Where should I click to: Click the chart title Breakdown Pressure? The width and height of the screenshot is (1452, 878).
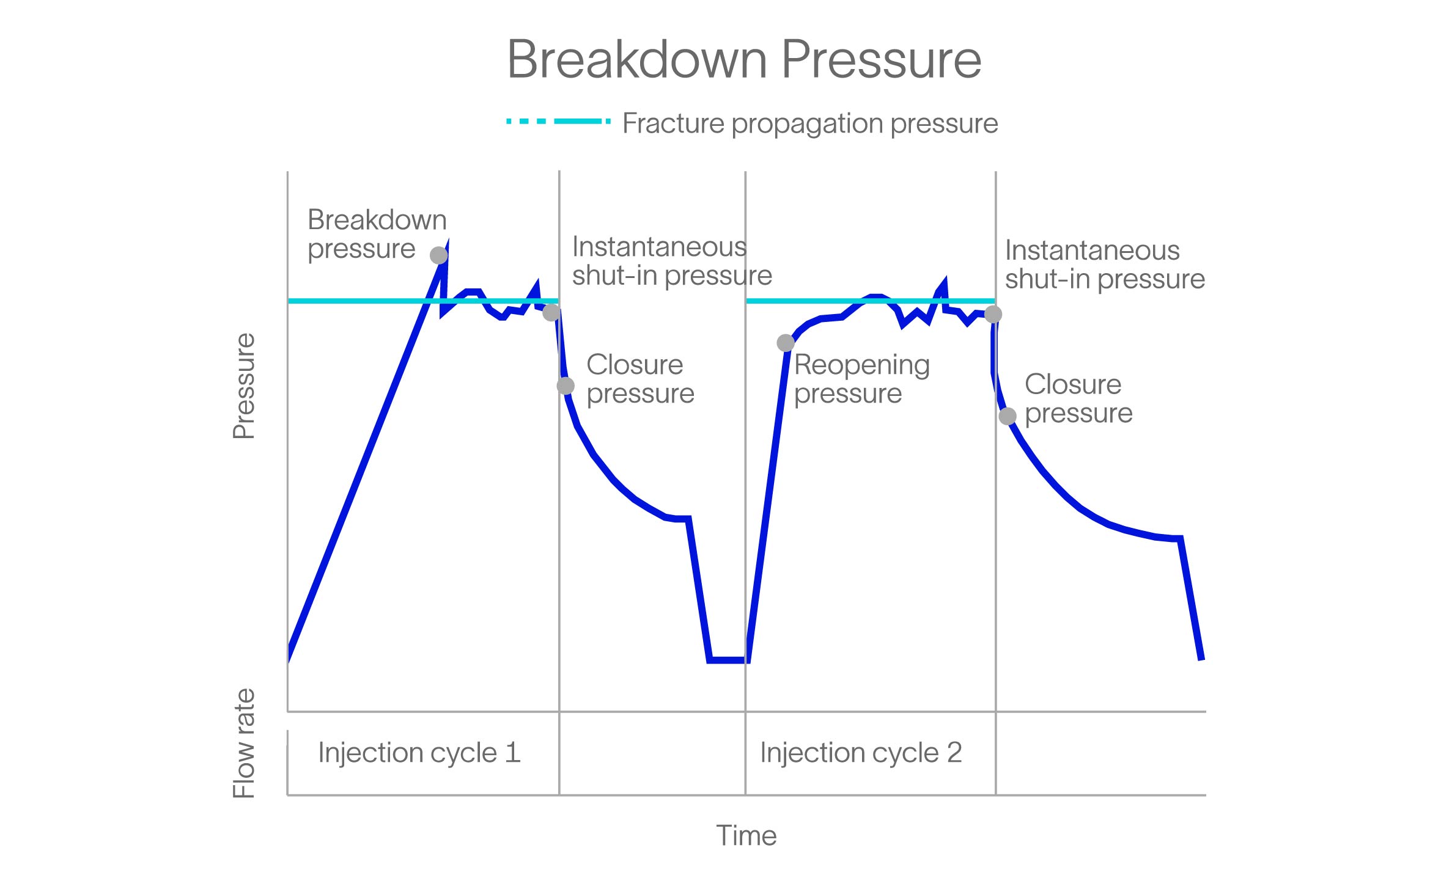tap(743, 59)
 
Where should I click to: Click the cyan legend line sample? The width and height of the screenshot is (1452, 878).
tap(558, 122)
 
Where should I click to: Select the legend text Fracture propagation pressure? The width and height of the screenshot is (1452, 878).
tap(809, 123)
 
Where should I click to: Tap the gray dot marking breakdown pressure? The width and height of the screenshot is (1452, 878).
tap(438, 255)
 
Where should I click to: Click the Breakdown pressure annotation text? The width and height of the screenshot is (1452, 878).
tap(376, 234)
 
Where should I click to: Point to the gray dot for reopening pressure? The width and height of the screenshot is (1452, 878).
tap(785, 343)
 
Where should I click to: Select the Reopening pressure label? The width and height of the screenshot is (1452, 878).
tap(861, 379)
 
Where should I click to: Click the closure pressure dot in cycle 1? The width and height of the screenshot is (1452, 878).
tap(566, 386)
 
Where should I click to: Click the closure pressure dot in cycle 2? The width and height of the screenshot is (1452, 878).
tap(1008, 417)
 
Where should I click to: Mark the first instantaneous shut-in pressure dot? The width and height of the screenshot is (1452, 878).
tap(551, 313)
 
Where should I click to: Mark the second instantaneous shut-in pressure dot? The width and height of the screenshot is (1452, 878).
tap(993, 315)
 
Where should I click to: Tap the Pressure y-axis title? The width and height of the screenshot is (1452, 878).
tap(243, 386)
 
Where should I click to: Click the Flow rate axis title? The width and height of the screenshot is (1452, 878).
tap(243, 743)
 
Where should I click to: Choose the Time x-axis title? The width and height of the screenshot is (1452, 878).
tap(746, 835)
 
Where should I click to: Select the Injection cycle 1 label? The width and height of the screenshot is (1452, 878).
tap(419, 752)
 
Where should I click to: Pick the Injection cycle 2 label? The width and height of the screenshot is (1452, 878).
tap(860, 752)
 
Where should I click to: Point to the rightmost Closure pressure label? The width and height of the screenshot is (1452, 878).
tap(1078, 398)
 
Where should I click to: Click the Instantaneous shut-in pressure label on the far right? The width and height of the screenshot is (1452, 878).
tap(1104, 265)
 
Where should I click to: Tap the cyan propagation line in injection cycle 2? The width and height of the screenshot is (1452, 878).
tap(807, 301)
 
